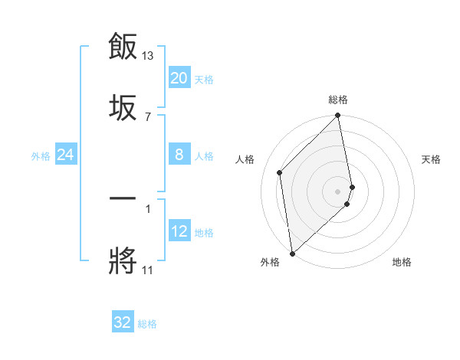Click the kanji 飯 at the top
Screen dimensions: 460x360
click(x=123, y=47)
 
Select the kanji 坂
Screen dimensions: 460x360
click(x=123, y=106)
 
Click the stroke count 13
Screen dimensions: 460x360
click(x=148, y=56)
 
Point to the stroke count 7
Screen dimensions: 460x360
click(x=148, y=116)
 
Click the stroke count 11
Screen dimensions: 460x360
click(x=148, y=270)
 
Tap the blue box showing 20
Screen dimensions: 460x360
click(x=179, y=78)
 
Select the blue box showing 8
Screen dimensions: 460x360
click(x=179, y=155)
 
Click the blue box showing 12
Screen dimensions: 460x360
click(x=179, y=231)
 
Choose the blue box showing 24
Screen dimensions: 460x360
click(x=65, y=155)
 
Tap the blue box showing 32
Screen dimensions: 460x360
click(x=123, y=322)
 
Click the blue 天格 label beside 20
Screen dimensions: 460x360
click(x=203, y=79)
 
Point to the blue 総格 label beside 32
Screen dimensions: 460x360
click(x=147, y=323)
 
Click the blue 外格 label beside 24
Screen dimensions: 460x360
click(x=41, y=155)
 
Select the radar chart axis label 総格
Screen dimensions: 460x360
click(x=338, y=100)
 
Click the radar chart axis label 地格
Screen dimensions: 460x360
click(x=402, y=262)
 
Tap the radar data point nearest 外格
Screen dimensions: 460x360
click(x=291, y=253)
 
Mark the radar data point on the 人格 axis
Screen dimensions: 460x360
click(x=280, y=172)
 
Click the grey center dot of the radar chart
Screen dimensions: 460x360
click(x=338, y=191)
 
